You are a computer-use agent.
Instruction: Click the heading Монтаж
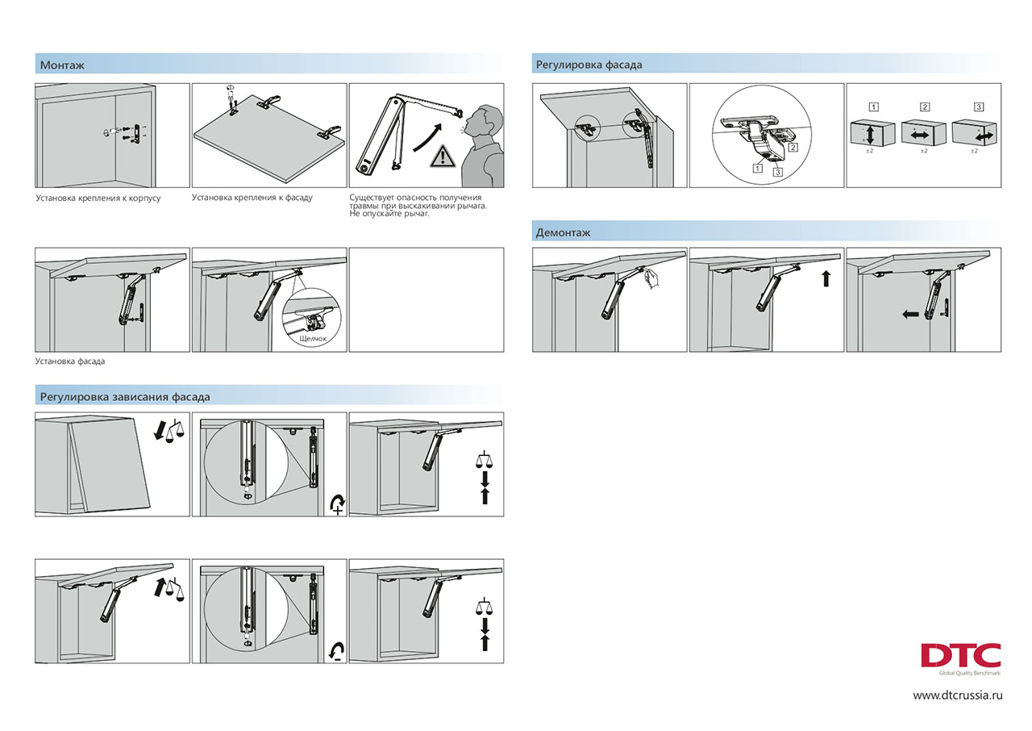pos(62,65)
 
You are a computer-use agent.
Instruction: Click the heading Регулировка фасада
pos(589,65)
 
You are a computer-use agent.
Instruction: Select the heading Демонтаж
pos(563,233)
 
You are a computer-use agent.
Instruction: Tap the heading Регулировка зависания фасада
pos(125,397)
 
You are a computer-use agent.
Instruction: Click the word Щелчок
pos(312,339)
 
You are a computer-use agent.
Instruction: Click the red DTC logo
pos(960,656)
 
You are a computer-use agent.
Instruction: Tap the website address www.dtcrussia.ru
pos(956,695)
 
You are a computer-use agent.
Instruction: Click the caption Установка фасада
pos(70,361)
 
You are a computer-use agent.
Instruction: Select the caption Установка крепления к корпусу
pos(98,198)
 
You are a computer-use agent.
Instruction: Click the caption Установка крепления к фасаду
pos(252,198)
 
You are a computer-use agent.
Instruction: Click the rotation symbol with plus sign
pos(338,505)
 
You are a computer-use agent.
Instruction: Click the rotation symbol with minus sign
pos(338,651)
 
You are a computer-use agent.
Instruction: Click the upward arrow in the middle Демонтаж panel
pos(825,279)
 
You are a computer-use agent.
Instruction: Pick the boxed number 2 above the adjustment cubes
pos(925,107)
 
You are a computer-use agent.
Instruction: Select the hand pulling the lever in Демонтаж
pos(651,279)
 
